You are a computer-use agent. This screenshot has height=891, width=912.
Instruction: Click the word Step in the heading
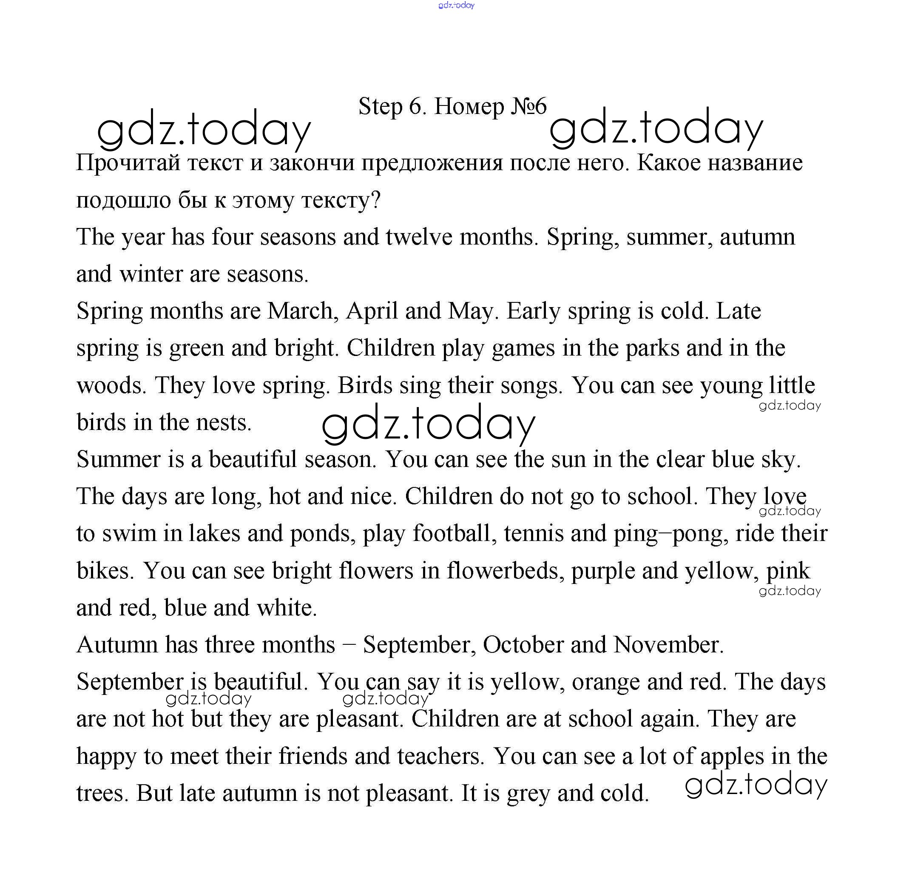(x=380, y=107)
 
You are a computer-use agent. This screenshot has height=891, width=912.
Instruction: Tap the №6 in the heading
(x=528, y=106)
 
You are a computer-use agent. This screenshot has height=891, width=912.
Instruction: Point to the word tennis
(x=534, y=534)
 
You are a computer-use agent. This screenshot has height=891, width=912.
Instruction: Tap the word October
(x=523, y=645)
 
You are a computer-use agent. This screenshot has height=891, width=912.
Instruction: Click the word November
(x=668, y=645)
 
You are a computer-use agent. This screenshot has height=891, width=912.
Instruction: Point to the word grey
(x=529, y=794)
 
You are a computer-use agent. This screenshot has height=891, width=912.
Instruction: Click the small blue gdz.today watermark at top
(x=456, y=5)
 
